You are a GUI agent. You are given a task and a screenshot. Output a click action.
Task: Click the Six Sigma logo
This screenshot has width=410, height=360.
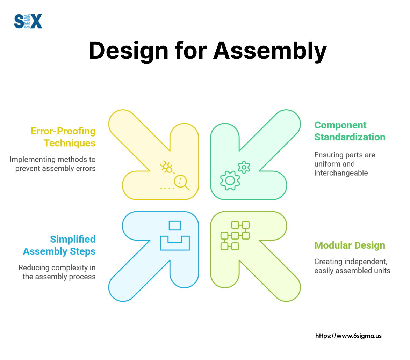[x=28, y=21]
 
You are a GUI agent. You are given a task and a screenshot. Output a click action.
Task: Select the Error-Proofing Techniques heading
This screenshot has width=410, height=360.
[x=63, y=137]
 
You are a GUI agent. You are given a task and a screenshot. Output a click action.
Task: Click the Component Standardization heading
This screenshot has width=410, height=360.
[x=350, y=131]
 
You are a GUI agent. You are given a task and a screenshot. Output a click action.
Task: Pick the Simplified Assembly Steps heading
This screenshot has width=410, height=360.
[x=59, y=245]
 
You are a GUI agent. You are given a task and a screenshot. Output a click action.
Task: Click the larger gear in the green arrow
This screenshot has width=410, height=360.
[x=230, y=180]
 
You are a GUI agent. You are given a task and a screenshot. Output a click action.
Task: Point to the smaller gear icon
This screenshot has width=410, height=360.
[x=244, y=167]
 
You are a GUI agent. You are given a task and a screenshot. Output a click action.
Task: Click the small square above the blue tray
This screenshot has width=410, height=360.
[x=175, y=226]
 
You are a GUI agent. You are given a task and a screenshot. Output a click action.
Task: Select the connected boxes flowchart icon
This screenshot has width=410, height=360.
[x=235, y=235]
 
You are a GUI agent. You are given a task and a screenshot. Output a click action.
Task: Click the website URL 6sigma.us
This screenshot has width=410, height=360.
[x=348, y=336]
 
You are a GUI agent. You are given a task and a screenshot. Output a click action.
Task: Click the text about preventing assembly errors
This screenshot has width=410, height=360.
[x=52, y=164]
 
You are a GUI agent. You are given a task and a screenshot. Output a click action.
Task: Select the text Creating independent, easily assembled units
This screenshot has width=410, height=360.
[x=352, y=266]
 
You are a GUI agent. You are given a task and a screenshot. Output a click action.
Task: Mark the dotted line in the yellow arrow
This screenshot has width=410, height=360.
[x=167, y=188]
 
